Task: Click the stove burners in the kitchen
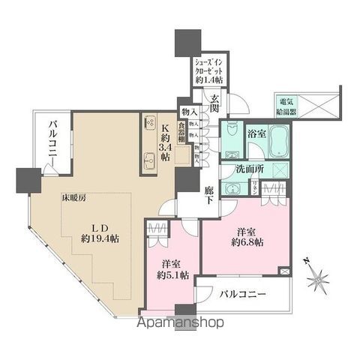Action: (148, 124)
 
